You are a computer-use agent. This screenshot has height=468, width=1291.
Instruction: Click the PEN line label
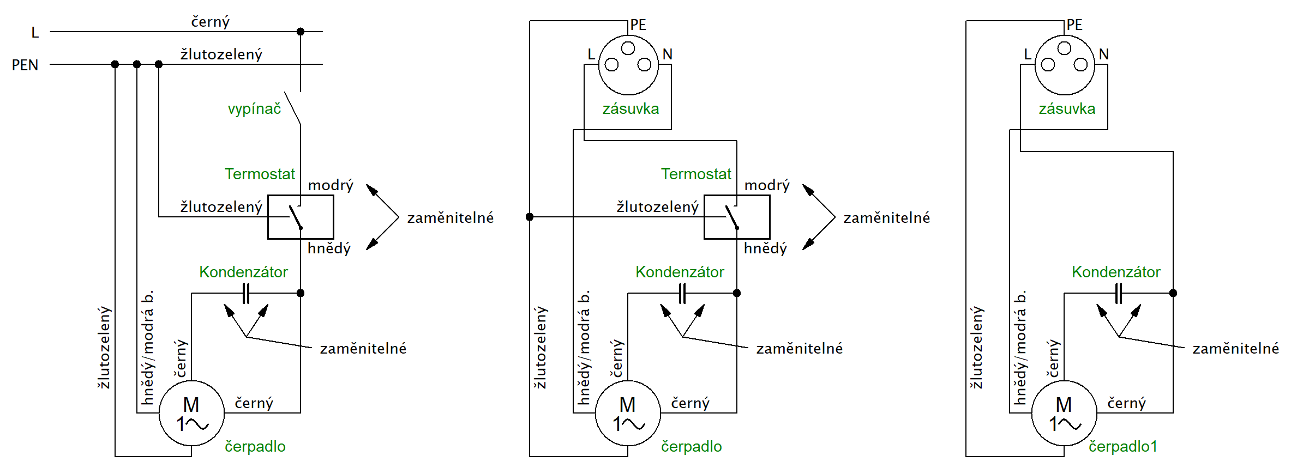(x=25, y=65)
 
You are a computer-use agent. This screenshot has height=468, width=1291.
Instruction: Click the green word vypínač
(x=254, y=109)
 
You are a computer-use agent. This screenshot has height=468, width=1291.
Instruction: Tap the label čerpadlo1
(x=1122, y=447)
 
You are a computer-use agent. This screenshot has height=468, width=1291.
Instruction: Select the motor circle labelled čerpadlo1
(x=1064, y=414)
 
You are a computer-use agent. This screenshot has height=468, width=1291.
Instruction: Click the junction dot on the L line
(x=301, y=32)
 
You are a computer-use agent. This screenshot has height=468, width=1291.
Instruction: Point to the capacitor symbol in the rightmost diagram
(x=1119, y=294)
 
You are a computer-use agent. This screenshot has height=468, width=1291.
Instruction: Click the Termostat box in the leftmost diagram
(x=301, y=217)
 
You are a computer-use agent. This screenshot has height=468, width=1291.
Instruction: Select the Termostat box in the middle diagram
(x=737, y=217)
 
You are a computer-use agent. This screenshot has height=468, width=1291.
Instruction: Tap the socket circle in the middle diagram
(x=628, y=65)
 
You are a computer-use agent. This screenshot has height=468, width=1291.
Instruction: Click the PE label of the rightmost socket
(x=1074, y=25)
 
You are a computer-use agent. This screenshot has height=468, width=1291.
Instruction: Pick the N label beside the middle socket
(x=668, y=54)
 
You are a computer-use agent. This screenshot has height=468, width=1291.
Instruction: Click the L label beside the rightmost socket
(x=1028, y=54)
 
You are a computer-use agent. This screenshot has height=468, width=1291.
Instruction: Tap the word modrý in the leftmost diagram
(x=331, y=185)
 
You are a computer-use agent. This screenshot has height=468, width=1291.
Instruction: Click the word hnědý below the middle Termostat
(x=765, y=248)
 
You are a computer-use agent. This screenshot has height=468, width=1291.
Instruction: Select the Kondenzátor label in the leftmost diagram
(x=243, y=272)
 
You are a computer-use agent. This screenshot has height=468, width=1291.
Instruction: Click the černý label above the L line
(x=210, y=22)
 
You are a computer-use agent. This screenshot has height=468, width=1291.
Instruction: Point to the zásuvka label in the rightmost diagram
(x=1067, y=109)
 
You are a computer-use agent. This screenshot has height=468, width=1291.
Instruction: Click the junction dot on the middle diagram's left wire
(x=530, y=217)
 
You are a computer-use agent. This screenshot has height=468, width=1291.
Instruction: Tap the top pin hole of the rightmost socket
(x=1064, y=48)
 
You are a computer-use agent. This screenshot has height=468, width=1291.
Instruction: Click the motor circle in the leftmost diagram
(x=191, y=414)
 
